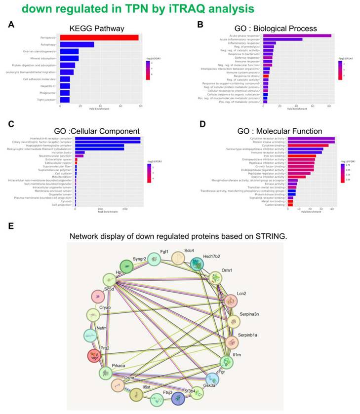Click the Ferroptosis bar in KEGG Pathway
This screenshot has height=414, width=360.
pyautogui.click(x=99, y=38)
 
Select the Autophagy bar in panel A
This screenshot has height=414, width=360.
pyautogui.click(x=77, y=44)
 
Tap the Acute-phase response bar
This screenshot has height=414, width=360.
pyautogui.click(x=297, y=36)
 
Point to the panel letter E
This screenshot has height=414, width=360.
pyautogui.click(x=11, y=226)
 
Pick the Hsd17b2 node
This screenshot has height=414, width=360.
pyautogui.click(x=198, y=264)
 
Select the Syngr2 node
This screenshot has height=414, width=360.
pyautogui.click(x=128, y=267)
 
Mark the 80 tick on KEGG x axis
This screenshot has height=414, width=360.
pyautogui.click(x=140, y=106)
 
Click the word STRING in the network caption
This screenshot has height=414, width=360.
pyautogui.click(x=266, y=236)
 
